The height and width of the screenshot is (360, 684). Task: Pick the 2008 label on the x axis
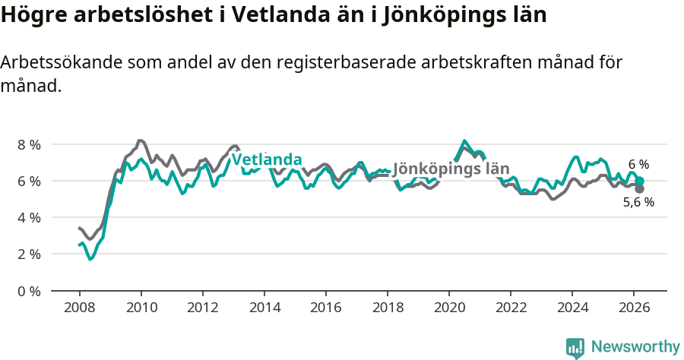(x=79, y=307)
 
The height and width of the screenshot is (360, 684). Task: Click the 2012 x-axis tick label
(x=202, y=307)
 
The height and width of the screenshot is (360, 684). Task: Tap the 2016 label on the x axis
(x=325, y=307)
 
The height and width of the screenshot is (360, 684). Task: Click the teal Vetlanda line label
(x=267, y=160)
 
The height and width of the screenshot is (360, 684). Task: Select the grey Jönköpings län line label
(x=451, y=169)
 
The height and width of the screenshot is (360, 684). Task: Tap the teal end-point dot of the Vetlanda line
(x=640, y=182)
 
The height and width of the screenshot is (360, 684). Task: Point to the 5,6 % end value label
(x=638, y=202)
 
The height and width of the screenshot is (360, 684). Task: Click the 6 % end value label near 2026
(x=638, y=164)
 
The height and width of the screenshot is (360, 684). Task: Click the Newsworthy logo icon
(x=575, y=348)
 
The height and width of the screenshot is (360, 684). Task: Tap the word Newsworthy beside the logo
(x=635, y=347)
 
